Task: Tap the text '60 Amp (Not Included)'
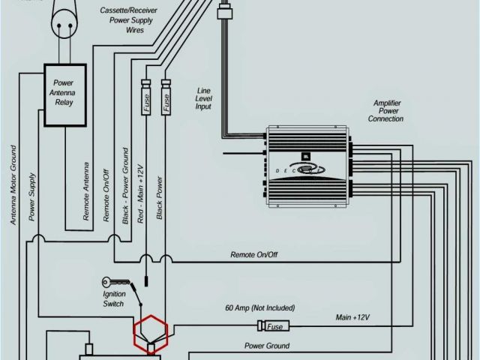(x=259, y=308)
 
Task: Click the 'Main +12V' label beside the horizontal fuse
(x=352, y=318)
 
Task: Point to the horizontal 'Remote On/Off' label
(x=253, y=255)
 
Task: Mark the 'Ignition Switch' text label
(x=114, y=298)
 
